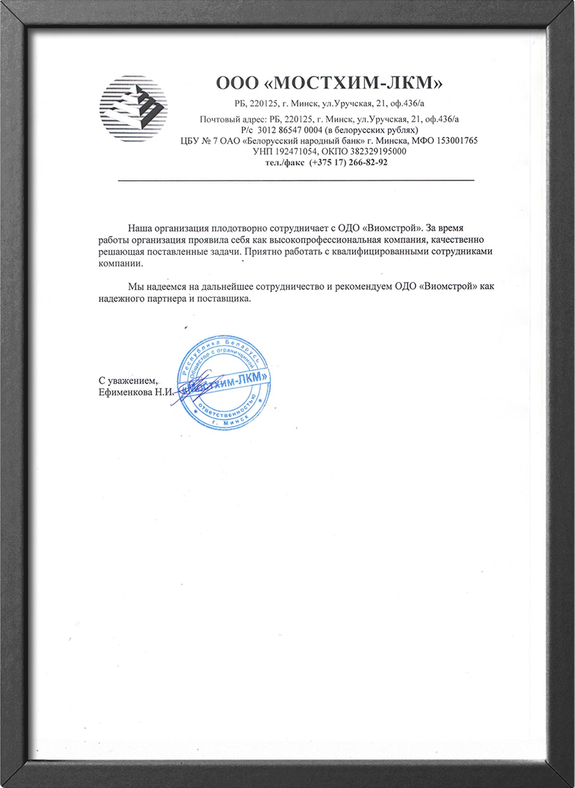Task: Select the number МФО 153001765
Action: pyautogui.click(x=445, y=141)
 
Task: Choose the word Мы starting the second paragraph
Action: pyautogui.click(x=135, y=287)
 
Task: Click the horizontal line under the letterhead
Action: pyautogui.click(x=296, y=180)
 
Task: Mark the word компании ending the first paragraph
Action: pyautogui.click(x=120, y=263)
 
